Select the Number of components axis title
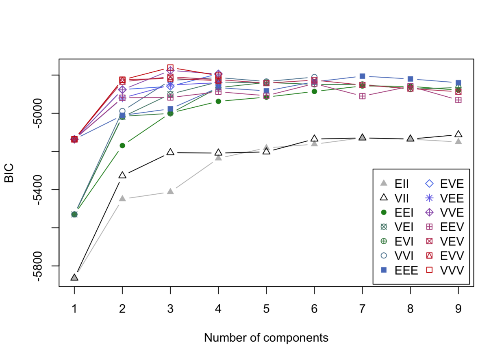pos(266,338)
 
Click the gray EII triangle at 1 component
pos(74,277)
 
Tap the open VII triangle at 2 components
pos(122,175)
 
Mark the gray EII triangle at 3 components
pos(170,191)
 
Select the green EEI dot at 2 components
pos(122,145)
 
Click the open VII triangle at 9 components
pos(458,134)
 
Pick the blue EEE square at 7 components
pos(362,76)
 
